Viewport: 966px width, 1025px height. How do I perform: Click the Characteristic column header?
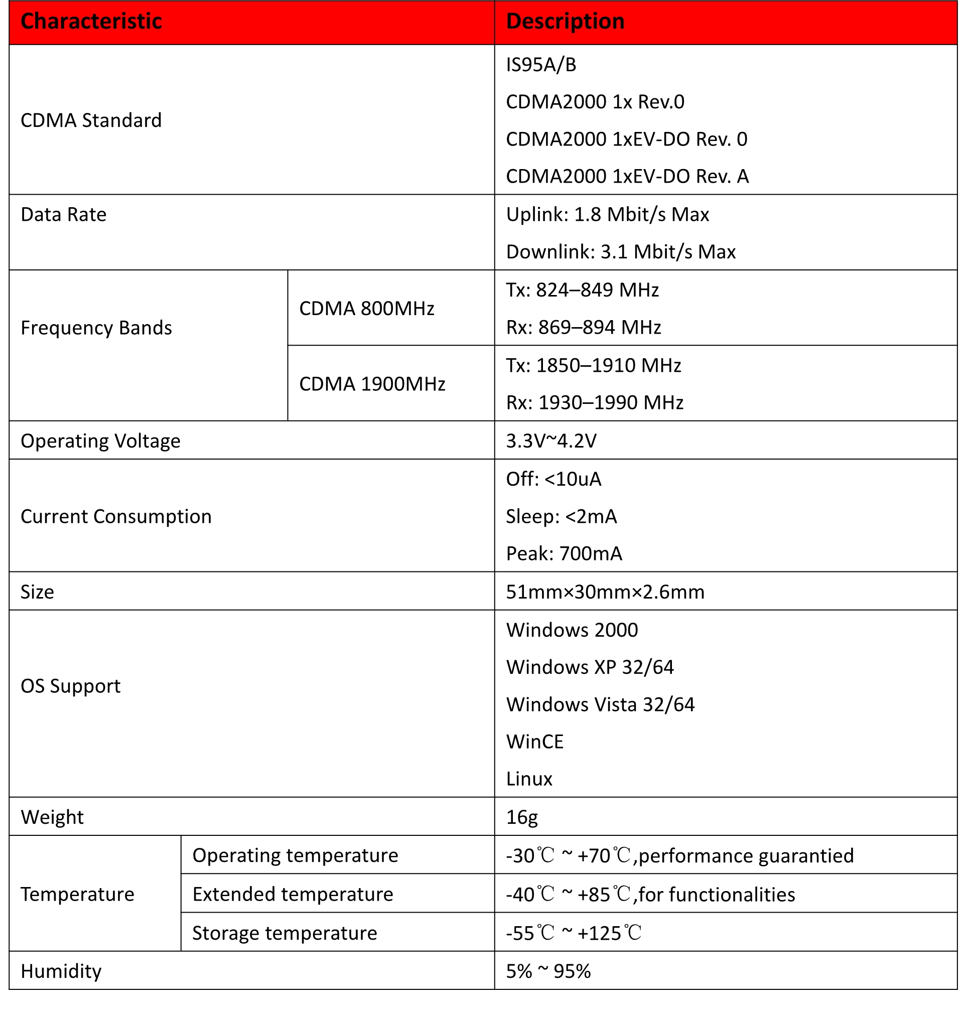tap(91, 22)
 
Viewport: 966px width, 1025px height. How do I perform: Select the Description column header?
tap(565, 22)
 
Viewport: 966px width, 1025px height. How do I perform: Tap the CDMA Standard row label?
tap(91, 120)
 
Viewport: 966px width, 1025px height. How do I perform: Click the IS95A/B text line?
tap(540, 65)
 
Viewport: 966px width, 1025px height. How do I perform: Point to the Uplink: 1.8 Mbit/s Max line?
tap(607, 215)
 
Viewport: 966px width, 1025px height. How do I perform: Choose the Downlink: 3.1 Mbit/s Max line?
tap(620, 252)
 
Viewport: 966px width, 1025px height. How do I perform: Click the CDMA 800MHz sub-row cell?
tap(366, 309)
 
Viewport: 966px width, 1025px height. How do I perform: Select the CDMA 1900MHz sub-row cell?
tap(372, 384)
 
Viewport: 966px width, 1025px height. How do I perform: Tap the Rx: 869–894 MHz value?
tap(583, 328)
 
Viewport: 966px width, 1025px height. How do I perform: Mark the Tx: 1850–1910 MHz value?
tap(593, 366)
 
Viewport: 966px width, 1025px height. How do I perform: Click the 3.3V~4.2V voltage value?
tap(551, 441)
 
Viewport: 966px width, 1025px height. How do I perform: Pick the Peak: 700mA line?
tap(564, 554)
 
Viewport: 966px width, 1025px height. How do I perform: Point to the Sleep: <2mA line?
tap(561, 517)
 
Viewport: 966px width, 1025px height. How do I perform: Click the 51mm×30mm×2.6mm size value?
tap(605, 592)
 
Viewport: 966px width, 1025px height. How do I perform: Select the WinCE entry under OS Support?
tap(535, 742)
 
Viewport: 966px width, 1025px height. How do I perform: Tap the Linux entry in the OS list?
tap(529, 779)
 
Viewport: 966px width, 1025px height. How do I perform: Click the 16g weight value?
tap(521, 817)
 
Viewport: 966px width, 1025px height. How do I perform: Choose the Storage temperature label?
tap(284, 933)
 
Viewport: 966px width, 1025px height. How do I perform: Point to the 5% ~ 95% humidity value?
tap(547, 971)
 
